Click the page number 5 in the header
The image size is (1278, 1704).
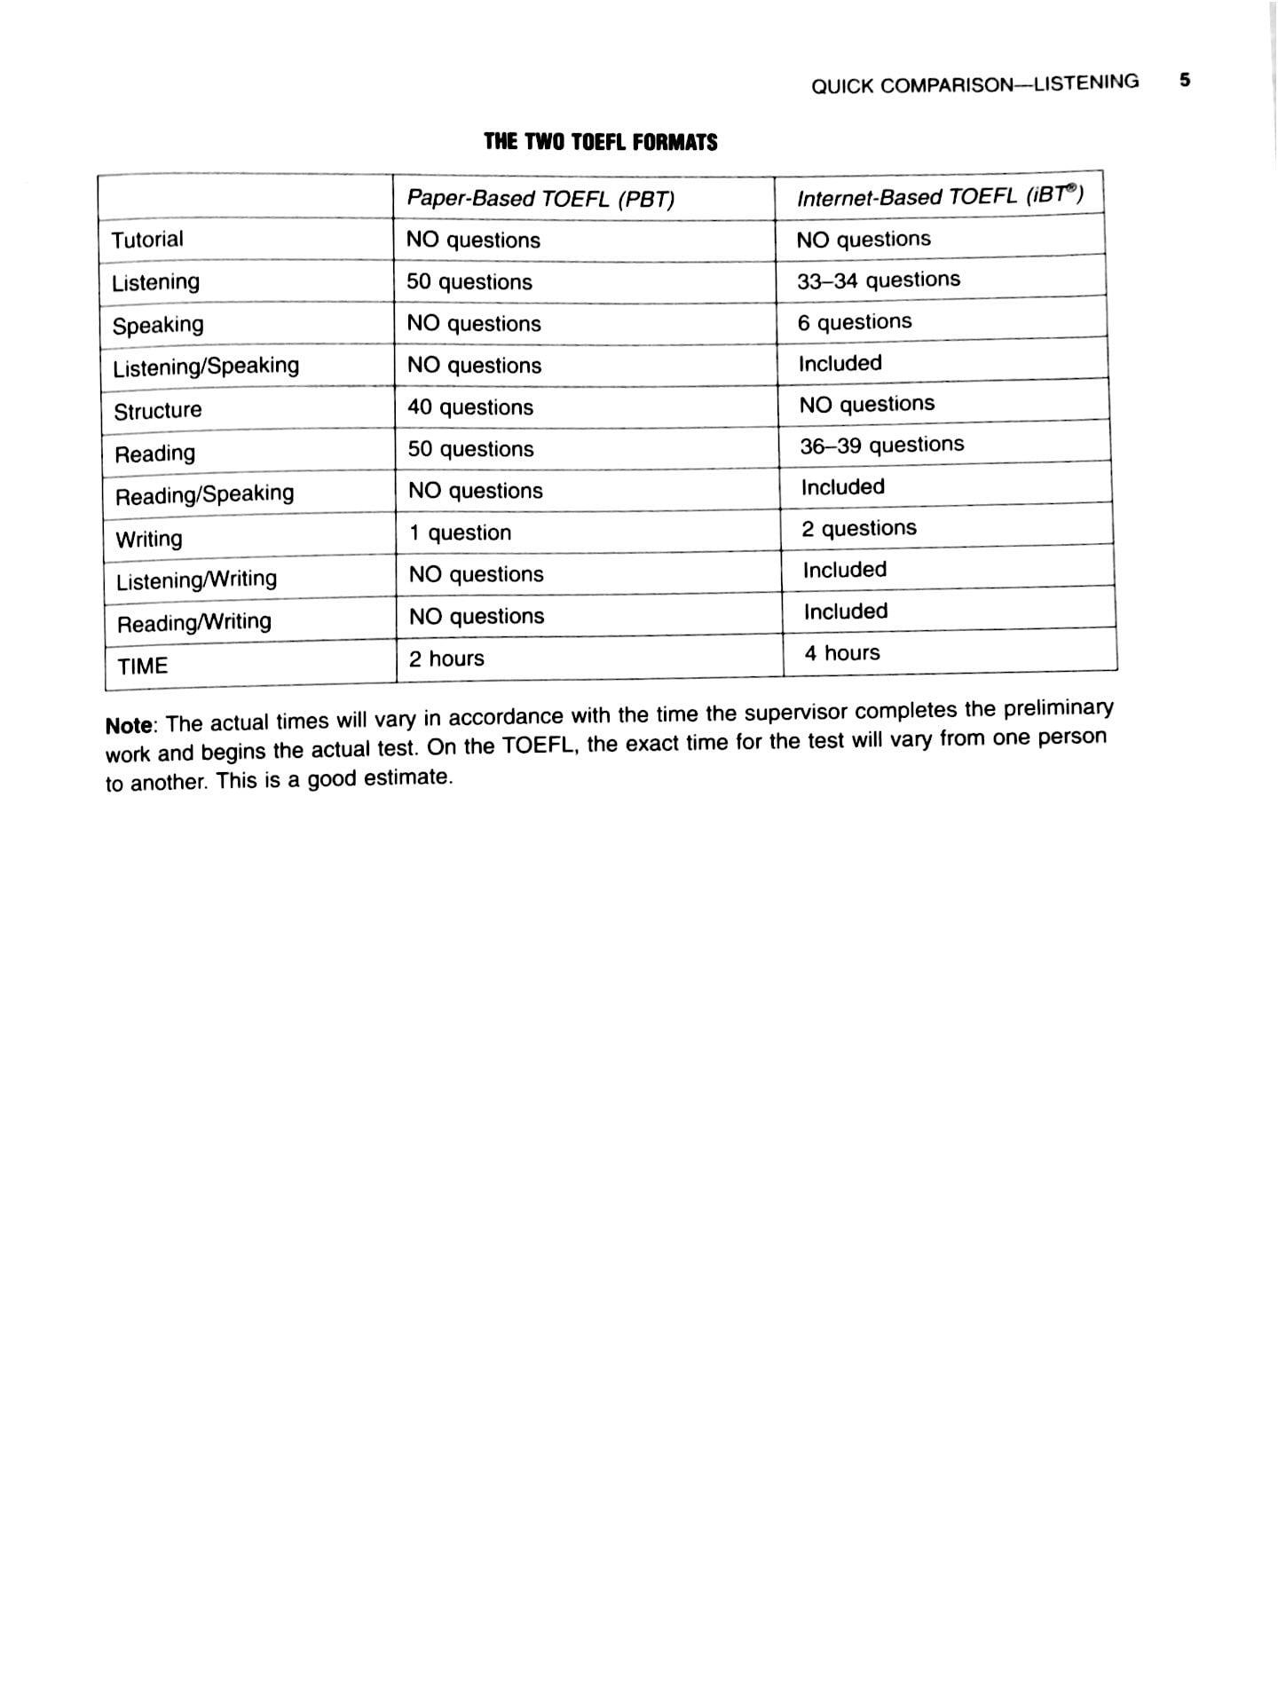[1185, 80]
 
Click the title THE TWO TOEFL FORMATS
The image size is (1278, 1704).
[600, 142]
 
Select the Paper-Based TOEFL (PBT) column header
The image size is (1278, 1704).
[540, 199]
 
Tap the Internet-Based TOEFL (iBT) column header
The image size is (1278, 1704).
[940, 196]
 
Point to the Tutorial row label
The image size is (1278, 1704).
[147, 240]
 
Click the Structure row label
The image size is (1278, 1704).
[158, 411]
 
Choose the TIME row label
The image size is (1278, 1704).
[143, 666]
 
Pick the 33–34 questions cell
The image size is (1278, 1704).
[879, 280]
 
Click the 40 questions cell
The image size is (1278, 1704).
[470, 407]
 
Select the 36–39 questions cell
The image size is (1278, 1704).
[881, 446]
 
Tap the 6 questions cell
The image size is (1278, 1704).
[854, 322]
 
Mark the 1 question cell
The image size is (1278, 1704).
[460, 532]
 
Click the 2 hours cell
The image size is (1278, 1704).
[446, 659]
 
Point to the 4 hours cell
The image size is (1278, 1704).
[842, 653]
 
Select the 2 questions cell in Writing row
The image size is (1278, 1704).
[859, 529]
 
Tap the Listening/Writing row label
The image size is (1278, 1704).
[196, 580]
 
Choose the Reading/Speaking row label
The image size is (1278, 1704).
[204, 494]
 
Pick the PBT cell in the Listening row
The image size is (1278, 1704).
[469, 282]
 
